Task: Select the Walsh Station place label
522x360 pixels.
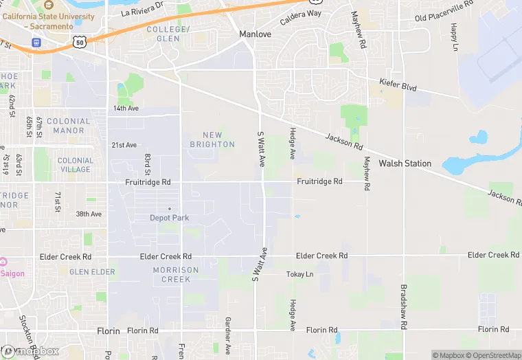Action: click(405, 164)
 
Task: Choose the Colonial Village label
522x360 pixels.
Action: click(74, 165)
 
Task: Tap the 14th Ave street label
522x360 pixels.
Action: click(126, 109)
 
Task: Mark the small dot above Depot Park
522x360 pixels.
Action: click(170, 209)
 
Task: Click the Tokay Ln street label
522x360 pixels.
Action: click(299, 274)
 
